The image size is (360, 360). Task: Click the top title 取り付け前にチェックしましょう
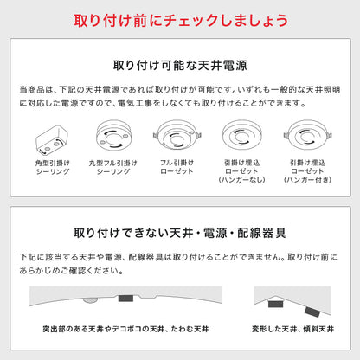click(x=180, y=18)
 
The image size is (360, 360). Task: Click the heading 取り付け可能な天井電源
click(x=179, y=65)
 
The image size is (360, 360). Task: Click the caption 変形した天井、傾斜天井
click(x=294, y=330)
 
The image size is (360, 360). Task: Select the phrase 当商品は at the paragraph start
click(x=33, y=89)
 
